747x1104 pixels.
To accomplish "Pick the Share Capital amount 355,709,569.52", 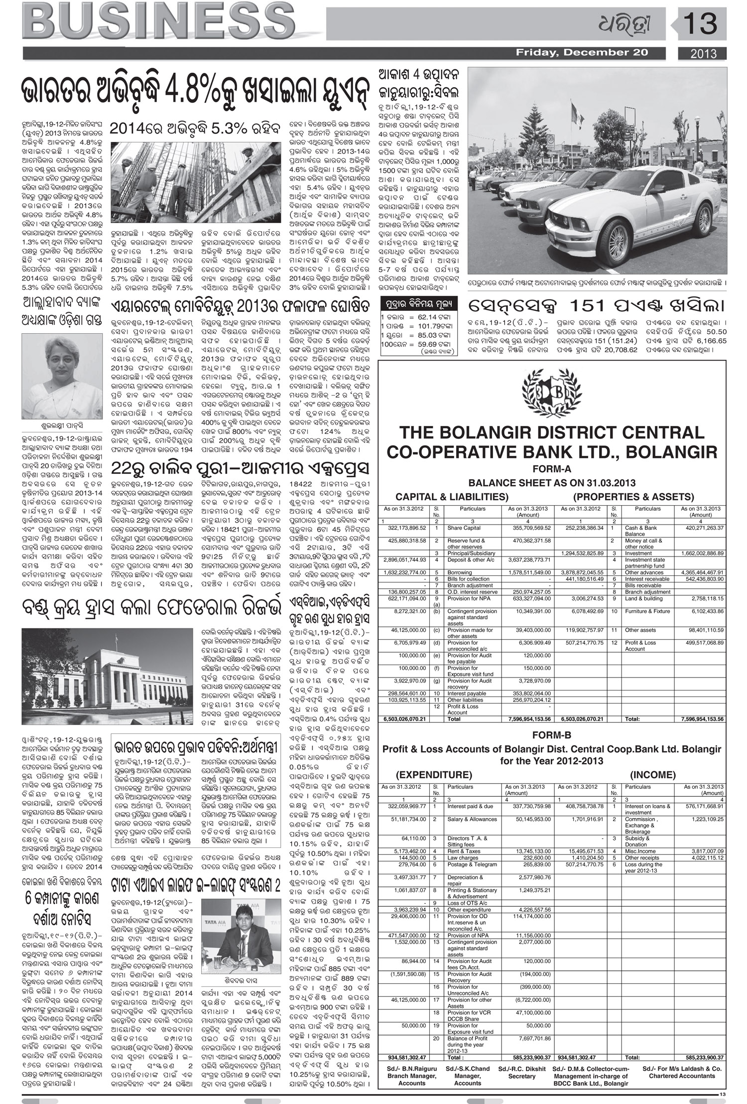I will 529,528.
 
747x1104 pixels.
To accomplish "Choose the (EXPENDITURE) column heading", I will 434,775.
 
